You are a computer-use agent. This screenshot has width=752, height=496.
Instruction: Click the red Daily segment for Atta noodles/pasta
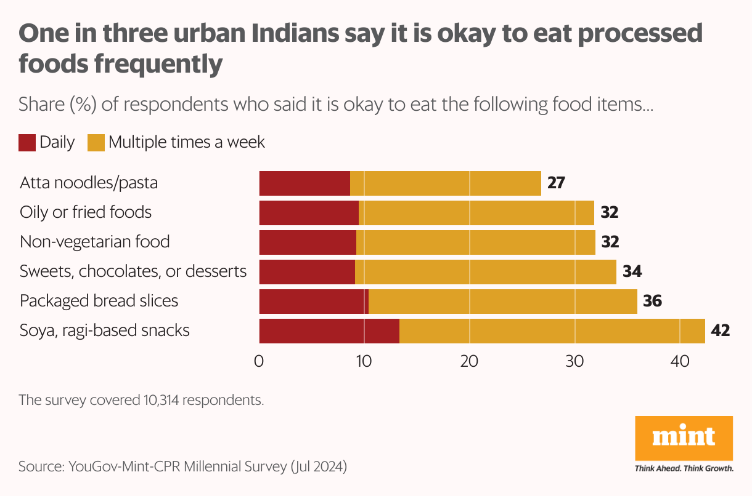[304, 183]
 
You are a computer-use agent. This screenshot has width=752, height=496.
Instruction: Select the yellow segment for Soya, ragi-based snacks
[552, 331]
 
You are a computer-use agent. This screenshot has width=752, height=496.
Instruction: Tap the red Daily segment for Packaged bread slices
[314, 302]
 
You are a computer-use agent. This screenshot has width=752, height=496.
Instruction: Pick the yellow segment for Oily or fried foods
[476, 213]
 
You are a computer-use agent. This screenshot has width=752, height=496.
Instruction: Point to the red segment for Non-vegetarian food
[308, 242]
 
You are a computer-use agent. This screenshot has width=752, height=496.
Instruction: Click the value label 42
[720, 331]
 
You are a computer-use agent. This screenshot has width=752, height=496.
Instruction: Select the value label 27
[555, 183]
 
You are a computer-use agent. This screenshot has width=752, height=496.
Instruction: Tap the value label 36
[652, 302]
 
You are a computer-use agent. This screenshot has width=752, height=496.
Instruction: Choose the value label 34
[632, 272]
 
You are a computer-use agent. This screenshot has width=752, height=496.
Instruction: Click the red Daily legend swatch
[27, 143]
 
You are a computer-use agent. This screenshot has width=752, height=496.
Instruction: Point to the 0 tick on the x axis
[259, 362]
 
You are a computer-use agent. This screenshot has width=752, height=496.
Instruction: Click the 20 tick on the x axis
[470, 362]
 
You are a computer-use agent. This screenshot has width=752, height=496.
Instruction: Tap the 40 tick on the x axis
[680, 362]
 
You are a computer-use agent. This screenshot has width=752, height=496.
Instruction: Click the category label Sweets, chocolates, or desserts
[133, 271]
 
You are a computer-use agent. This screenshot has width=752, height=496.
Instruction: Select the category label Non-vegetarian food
[95, 242]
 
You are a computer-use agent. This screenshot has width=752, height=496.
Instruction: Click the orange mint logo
[684, 438]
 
